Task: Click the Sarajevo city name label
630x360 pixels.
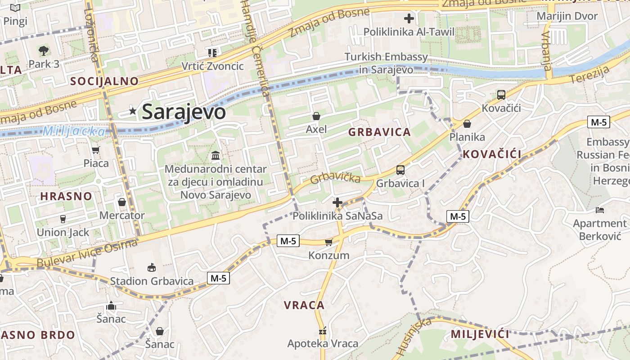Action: tap(184, 112)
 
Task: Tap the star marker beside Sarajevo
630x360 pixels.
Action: tap(132, 111)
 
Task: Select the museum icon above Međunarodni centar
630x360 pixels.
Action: tap(216, 156)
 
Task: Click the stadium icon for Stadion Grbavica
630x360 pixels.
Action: tap(152, 268)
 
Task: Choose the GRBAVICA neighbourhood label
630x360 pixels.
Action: tap(379, 132)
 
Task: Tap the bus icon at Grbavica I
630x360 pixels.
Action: tap(400, 170)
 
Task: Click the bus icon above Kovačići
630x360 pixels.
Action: tap(501, 95)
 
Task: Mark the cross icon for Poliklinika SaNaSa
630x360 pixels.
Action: tap(337, 202)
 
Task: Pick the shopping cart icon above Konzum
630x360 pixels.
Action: tap(328, 243)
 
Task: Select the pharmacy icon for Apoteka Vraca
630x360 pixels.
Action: tap(322, 331)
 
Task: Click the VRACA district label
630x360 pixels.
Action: tap(304, 305)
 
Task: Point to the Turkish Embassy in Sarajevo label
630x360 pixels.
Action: tap(386, 63)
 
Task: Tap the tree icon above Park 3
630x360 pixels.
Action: tap(44, 50)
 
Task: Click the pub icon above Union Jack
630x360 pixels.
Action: tap(63, 219)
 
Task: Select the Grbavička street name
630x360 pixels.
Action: tap(335, 177)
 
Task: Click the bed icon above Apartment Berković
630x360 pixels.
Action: tap(599, 210)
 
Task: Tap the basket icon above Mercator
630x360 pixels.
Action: tap(121, 202)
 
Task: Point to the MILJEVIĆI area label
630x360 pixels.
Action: tap(480, 334)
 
